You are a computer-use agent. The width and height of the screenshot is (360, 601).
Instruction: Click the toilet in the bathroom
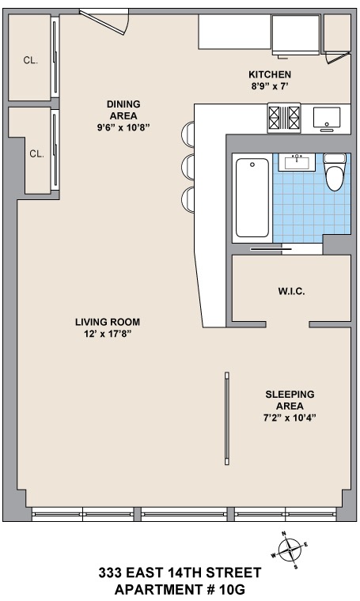335,172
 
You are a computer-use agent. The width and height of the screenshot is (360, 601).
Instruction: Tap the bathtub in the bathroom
252,198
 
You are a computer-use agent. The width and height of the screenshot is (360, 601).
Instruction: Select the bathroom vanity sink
297,162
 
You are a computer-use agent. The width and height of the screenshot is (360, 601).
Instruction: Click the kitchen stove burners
284,118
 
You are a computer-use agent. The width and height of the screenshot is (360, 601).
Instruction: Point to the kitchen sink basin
327,117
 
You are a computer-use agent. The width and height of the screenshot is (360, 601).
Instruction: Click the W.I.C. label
291,291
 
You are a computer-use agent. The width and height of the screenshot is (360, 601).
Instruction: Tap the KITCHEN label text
270,74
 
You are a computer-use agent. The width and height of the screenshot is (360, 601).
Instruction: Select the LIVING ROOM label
108,322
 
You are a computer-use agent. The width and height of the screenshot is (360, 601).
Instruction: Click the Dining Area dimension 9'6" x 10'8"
123,127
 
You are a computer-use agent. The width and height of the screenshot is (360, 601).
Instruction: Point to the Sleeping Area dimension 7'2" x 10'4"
290,418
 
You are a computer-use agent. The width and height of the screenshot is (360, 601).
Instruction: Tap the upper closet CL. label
31,60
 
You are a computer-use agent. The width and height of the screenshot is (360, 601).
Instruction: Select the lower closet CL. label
37,153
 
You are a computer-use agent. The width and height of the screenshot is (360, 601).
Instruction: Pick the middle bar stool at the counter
188,167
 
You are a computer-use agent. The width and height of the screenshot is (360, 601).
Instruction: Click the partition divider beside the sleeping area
227,418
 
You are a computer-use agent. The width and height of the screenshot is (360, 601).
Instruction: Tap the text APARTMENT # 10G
180,589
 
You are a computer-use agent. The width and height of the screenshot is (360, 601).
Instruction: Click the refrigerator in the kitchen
296,35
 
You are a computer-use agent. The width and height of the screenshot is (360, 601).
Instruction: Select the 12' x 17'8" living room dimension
108,334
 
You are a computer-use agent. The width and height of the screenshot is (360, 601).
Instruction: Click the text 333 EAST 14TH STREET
180,573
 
